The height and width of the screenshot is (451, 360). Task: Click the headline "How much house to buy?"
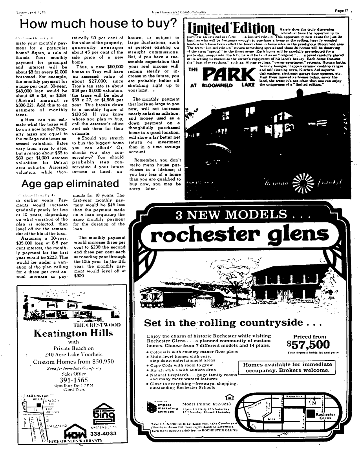point(98,24)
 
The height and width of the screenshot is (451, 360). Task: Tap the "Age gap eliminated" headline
point(70,184)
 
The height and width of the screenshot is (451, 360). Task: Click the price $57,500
point(308,345)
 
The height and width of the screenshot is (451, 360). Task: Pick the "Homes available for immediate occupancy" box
point(287,368)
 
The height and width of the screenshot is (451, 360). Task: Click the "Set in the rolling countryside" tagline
point(233,323)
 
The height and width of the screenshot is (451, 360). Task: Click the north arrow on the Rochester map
point(313,402)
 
